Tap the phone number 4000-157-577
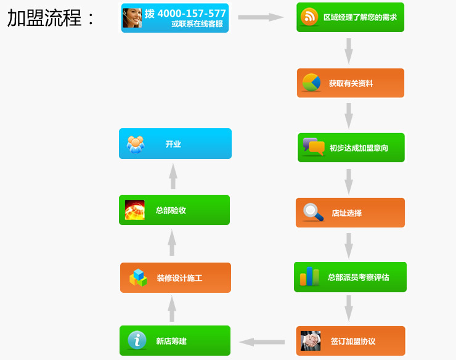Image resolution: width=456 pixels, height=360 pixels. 192,13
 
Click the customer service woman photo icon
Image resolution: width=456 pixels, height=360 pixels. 132,18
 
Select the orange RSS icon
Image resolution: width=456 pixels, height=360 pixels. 309,17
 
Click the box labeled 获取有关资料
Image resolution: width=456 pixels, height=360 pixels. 350,83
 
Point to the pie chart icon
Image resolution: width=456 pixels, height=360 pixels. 311,83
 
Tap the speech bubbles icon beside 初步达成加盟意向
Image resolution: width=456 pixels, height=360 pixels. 313,147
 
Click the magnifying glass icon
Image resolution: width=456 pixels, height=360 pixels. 313,213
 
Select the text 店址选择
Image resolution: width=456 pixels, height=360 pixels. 347,213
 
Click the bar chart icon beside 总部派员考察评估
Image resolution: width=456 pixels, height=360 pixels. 309,277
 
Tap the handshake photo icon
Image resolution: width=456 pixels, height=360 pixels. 311,341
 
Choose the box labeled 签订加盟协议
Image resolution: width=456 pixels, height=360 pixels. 351,341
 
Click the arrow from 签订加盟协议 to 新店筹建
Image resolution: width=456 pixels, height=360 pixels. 261,342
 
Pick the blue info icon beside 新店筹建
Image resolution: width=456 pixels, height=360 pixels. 137,340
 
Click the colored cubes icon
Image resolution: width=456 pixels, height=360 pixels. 138,278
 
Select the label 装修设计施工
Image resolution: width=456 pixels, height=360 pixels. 179,278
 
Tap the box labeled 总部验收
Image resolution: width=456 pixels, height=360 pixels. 174,210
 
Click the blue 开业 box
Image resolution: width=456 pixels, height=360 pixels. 175,144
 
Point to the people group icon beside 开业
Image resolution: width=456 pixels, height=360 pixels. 136,144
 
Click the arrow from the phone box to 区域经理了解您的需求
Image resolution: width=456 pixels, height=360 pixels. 260,17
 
